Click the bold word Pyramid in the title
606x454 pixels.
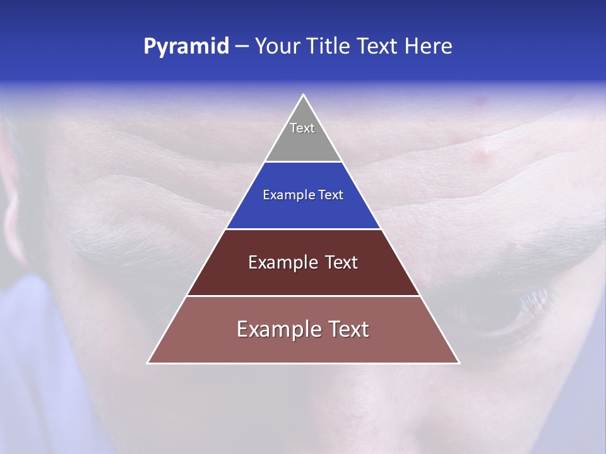tap(186, 47)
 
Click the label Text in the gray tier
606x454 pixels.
tap(302, 128)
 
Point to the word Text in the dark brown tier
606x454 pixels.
tap(341, 262)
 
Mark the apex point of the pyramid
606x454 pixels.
tap(303, 95)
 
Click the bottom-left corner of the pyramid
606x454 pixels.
tap(148, 363)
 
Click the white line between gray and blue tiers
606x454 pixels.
tap(303, 162)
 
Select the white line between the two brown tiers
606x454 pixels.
tap(303, 296)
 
